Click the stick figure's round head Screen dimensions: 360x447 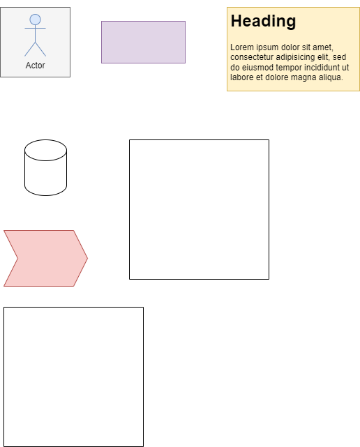(35, 20)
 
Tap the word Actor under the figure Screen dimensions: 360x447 (35, 66)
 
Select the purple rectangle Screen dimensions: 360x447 (143, 42)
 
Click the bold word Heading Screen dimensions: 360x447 (263, 22)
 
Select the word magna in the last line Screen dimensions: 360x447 (303, 77)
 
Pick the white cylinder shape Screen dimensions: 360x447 (45, 167)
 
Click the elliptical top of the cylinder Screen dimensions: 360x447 (45, 150)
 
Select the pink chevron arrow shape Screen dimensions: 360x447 (45, 258)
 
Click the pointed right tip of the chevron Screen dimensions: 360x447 (88, 258)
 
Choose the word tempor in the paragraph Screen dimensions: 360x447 (287, 68)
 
